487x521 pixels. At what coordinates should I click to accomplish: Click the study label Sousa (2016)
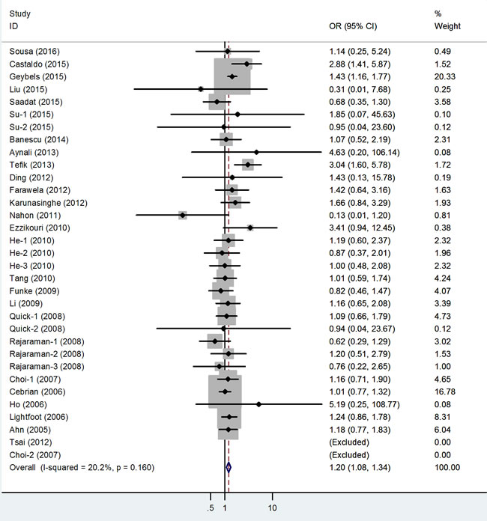click(x=32, y=51)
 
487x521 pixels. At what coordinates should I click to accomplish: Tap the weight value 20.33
click(x=447, y=76)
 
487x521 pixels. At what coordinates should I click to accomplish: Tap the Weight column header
click(x=447, y=26)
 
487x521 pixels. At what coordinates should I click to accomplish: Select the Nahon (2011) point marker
click(x=183, y=215)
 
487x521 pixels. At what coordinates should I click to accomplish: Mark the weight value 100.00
click(x=449, y=467)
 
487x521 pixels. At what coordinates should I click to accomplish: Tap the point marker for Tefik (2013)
click(x=247, y=165)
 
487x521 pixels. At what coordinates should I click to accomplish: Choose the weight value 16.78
click(x=447, y=391)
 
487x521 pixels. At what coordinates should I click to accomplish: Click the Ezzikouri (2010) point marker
click(x=250, y=228)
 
